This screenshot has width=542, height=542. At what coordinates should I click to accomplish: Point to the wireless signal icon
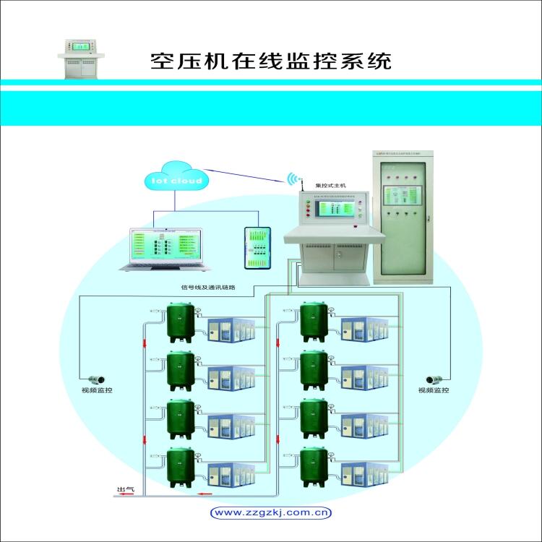[293, 178]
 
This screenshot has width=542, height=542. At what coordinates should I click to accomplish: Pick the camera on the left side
[97, 379]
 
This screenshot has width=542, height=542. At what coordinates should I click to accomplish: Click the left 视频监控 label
[97, 391]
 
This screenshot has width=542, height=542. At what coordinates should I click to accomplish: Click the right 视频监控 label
[434, 391]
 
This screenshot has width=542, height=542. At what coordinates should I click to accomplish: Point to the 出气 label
[126, 489]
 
